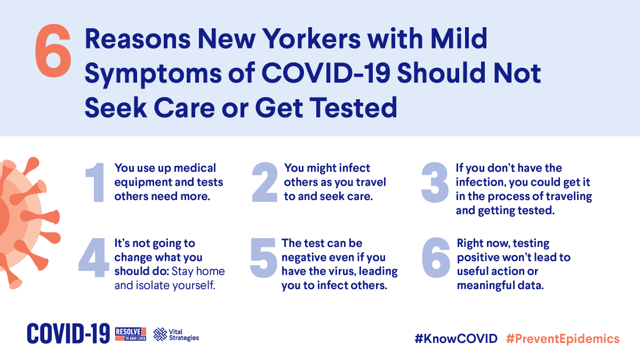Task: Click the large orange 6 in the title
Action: [53, 51]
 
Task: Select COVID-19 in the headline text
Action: [326, 73]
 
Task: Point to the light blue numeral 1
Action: [95, 182]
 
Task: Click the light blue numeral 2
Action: [265, 182]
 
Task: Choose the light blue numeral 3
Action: [435, 182]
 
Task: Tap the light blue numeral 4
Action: [94, 258]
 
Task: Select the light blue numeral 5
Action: [263, 258]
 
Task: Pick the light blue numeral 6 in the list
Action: [436, 258]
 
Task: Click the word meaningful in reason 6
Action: [484, 286]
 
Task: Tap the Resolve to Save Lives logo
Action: [131, 334]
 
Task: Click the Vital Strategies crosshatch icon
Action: [160, 334]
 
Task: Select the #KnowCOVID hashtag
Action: [456, 339]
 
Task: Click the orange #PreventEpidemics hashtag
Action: [563, 339]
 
